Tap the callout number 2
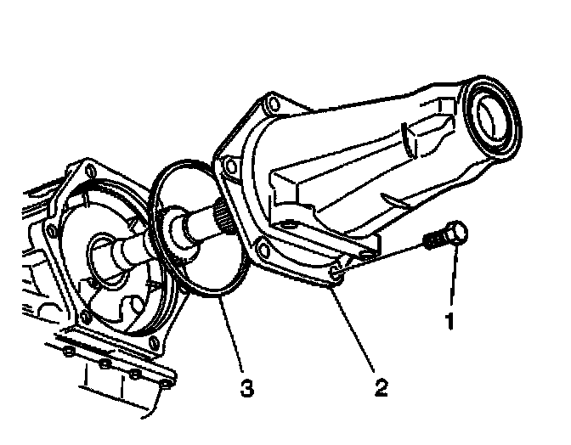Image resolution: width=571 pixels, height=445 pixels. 382,388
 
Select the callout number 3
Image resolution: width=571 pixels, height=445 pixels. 246,388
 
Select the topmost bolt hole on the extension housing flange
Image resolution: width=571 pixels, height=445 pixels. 270,106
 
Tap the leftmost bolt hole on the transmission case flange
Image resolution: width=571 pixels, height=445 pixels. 54,230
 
